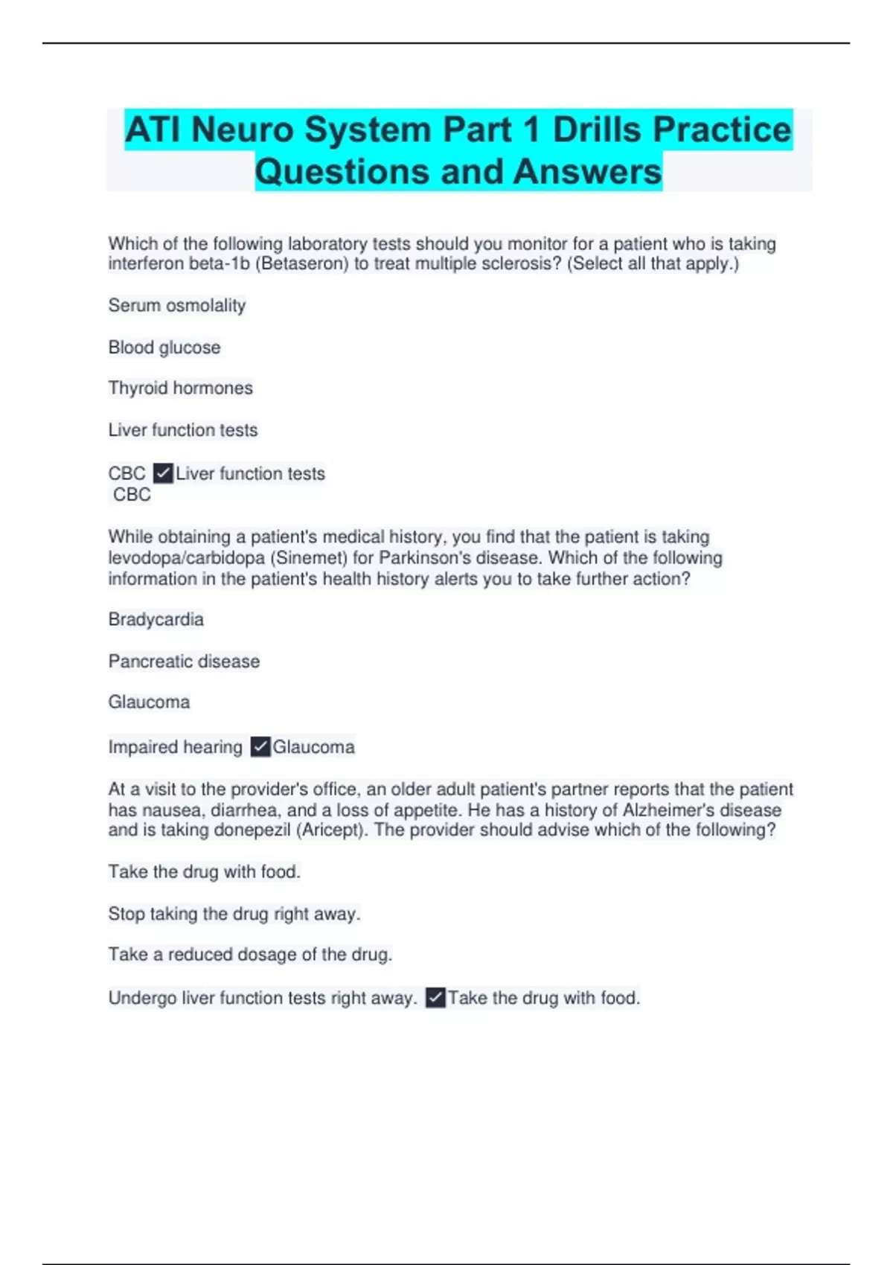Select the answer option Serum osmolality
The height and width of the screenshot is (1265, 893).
point(176,305)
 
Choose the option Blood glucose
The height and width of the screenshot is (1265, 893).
point(164,348)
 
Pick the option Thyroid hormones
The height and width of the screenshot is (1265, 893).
point(180,388)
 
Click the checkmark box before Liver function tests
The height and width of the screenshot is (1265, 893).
point(163,473)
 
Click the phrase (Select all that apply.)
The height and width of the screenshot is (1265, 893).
point(653,264)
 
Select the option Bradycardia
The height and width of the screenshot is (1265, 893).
point(156,619)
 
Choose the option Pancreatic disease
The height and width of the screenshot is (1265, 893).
point(184,662)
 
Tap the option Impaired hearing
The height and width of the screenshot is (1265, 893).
point(175,747)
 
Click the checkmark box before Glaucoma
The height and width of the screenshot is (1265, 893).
point(260,747)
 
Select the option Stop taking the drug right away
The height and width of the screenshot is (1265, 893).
point(234,914)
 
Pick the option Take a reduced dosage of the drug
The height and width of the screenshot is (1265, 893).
point(249,955)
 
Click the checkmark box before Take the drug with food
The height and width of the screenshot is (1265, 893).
point(436,998)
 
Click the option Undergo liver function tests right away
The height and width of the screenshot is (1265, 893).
point(262,998)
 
